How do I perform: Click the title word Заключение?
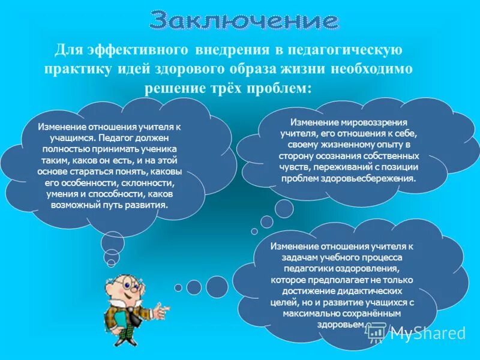[243, 21]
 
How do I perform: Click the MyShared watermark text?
[427, 334]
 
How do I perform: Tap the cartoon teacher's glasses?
[123, 283]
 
